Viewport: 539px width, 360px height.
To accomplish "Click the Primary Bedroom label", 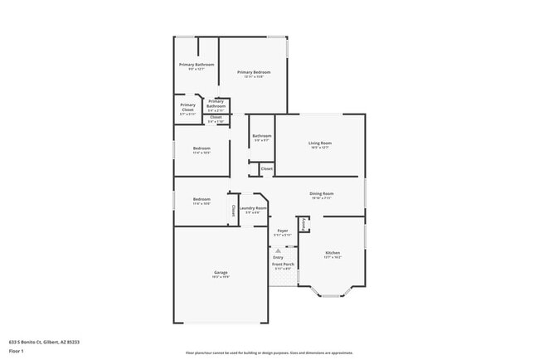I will tap(254, 73).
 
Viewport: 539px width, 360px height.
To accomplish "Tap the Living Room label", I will tap(320, 144).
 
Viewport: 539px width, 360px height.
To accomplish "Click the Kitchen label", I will tap(332, 252).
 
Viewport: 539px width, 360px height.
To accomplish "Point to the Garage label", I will tap(221, 272).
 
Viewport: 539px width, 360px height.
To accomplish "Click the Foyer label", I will tap(282, 231).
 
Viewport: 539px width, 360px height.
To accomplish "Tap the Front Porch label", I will tap(282, 265).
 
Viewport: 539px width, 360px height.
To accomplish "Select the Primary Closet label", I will tap(188, 106).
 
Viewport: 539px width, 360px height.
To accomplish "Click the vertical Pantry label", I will tap(304, 225).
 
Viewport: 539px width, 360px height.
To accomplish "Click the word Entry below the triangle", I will tap(277, 257).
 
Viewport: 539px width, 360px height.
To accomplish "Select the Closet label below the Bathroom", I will tap(266, 168).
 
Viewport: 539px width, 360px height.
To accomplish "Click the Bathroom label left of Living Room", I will tap(262, 136).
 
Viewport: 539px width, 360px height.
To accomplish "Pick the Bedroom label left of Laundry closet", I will tap(202, 199).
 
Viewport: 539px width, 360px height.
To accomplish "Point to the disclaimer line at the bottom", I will tap(269, 352).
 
